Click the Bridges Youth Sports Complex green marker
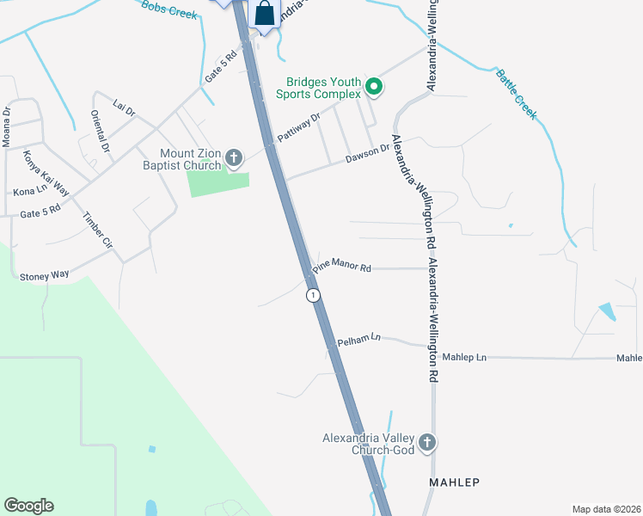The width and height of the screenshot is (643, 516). (374, 86)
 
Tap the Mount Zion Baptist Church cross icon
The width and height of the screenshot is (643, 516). (233, 158)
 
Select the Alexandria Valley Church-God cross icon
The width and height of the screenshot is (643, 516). (427, 444)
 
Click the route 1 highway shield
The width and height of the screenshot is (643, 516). (314, 295)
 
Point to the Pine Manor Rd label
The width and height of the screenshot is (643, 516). (341, 268)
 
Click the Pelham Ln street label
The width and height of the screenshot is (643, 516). (358, 340)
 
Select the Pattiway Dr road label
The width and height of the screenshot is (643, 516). (298, 127)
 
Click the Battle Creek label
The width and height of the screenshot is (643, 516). (516, 94)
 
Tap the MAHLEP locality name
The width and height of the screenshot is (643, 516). (454, 483)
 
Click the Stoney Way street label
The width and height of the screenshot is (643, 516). (44, 274)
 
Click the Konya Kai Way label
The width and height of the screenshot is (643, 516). (46, 174)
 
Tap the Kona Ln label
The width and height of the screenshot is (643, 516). (30, 191)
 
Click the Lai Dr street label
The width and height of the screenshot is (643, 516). (124, 108)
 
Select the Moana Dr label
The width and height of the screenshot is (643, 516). (6, 126)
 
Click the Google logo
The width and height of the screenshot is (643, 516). (28, 506)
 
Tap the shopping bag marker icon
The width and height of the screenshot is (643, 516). (265, 15)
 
